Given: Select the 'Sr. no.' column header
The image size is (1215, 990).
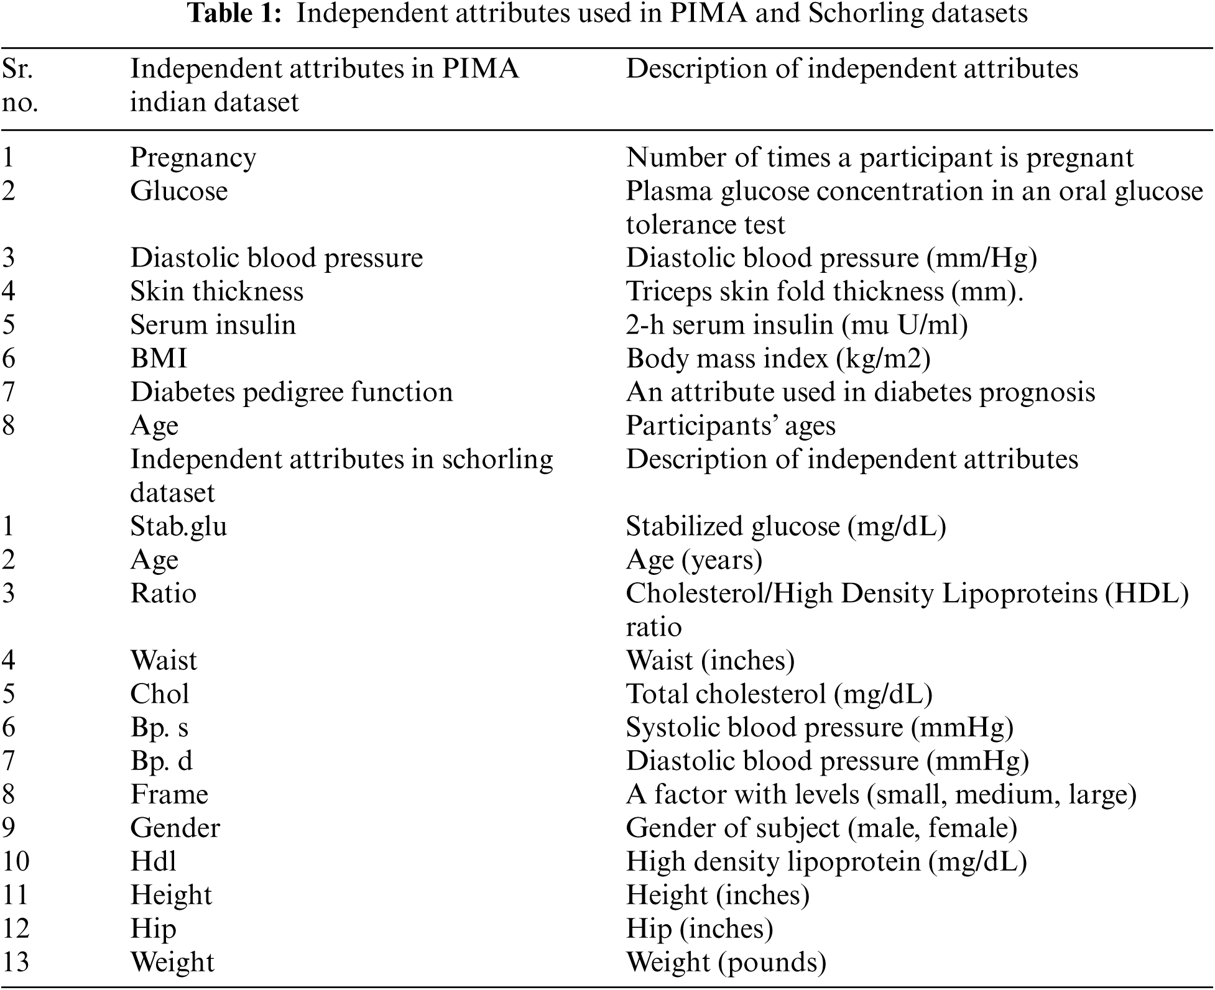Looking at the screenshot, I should coord(20,85).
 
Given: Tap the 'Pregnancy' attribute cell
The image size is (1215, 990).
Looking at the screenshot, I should coord(193,158).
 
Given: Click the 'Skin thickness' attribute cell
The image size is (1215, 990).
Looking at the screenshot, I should coord(216,291).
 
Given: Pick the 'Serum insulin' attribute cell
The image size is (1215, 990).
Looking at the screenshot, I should coord(213,325).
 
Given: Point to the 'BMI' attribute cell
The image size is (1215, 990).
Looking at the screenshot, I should coord(159,359).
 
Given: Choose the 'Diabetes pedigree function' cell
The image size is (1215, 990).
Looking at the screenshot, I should coord(291,392).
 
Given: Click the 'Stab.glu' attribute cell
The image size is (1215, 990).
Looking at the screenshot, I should coord(178,526).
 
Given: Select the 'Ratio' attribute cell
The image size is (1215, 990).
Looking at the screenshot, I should coord(163,594).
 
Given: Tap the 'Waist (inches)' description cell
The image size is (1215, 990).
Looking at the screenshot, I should coord(710,661).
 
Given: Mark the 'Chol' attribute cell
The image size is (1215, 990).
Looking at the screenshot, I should coord(159,694).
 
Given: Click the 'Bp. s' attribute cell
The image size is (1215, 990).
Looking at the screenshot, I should coord(159,728).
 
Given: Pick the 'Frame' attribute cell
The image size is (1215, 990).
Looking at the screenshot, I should coord(169,795).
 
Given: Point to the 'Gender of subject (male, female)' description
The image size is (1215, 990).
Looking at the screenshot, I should coord(821,828).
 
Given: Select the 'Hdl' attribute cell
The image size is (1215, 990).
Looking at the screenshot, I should coord(153,862).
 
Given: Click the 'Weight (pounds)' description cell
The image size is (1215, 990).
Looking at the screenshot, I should coord(726,963).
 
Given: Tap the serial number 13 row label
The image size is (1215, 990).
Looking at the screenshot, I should coord(16,963).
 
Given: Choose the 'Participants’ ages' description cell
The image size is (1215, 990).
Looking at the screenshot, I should coord(731,426).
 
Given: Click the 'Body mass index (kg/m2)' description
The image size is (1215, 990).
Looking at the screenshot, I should coord(778,359).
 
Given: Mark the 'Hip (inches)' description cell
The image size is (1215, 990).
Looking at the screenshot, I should coord(700,929).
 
